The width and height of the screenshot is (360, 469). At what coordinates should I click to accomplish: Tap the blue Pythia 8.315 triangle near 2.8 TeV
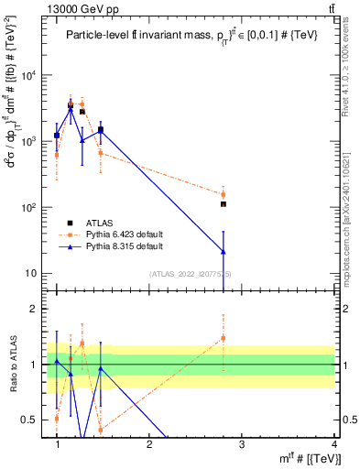coord(223,252)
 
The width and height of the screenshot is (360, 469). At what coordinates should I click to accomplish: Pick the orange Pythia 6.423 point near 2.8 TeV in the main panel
coord(223,194)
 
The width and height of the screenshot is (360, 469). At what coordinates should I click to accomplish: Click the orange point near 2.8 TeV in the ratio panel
coord(223,338)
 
